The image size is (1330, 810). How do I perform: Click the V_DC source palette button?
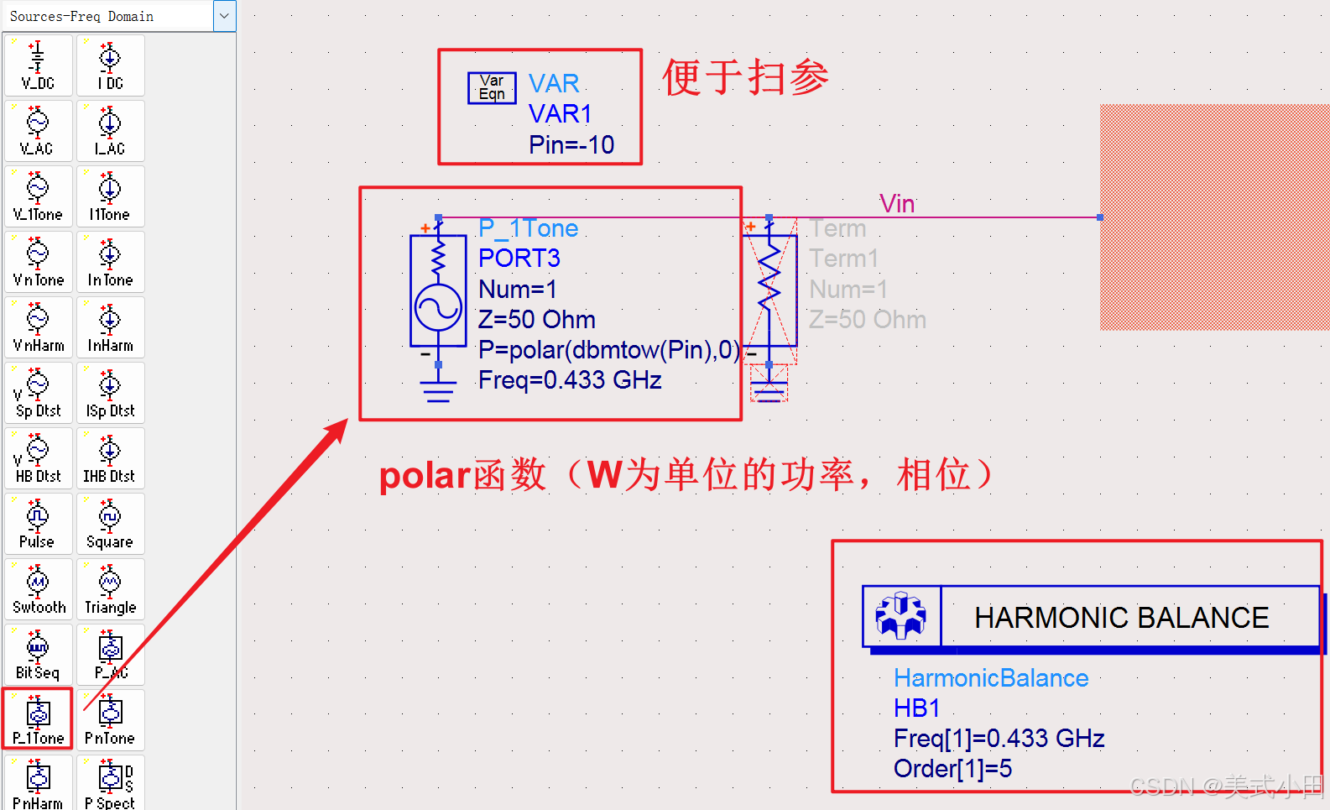(38, 65)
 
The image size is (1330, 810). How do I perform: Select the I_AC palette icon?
(110, 131)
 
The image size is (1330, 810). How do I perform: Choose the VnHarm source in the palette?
(38, 327)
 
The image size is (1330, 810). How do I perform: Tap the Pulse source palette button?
(38, 524)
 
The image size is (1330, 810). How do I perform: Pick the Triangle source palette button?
(110, 589)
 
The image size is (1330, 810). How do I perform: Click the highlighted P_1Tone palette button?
(38, 719)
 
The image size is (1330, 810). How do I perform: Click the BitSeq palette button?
(38, 655)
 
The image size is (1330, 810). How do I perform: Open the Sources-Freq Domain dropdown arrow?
(224, 16)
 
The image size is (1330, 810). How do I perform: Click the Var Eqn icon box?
(492, 87)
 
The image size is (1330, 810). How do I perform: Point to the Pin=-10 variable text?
(571, 145)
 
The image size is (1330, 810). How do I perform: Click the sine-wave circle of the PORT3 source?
(438, 307)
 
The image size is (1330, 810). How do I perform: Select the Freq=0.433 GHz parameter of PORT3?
(570, 380)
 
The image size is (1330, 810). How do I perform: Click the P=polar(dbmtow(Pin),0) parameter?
(609, 350)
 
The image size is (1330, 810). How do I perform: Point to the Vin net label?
(897, 203)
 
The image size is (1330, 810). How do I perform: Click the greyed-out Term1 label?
(843, 259)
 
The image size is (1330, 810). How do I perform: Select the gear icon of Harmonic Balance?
(901, 616)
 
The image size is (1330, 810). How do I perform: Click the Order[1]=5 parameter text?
(952, 769)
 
